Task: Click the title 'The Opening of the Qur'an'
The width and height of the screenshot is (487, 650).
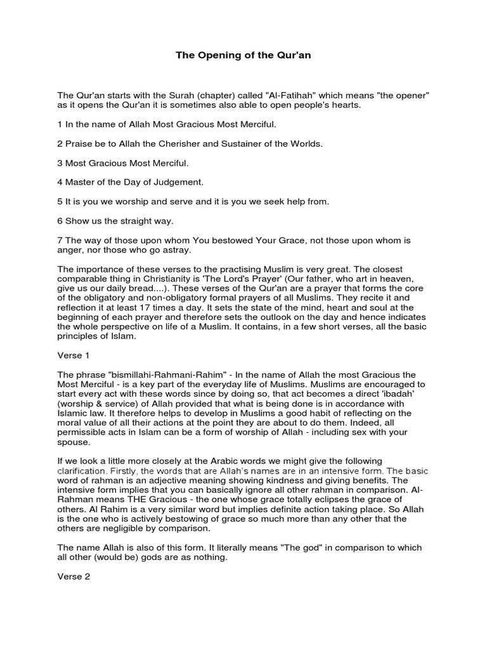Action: (243, 56)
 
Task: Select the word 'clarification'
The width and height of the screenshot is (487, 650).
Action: (82, 470)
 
